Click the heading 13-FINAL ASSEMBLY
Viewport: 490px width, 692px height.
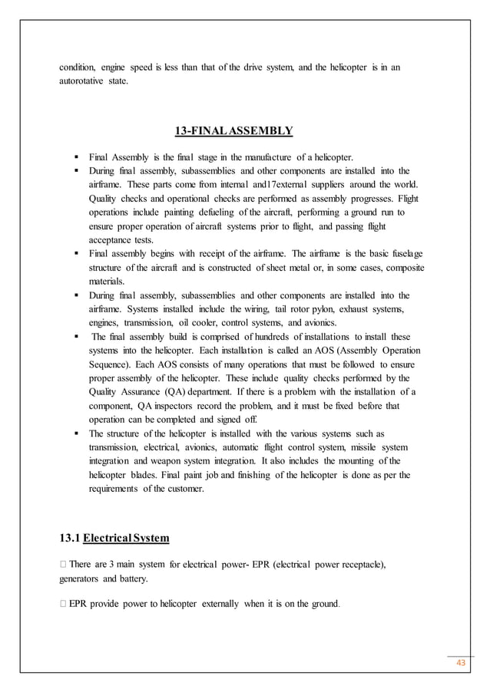tap(234, 130)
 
